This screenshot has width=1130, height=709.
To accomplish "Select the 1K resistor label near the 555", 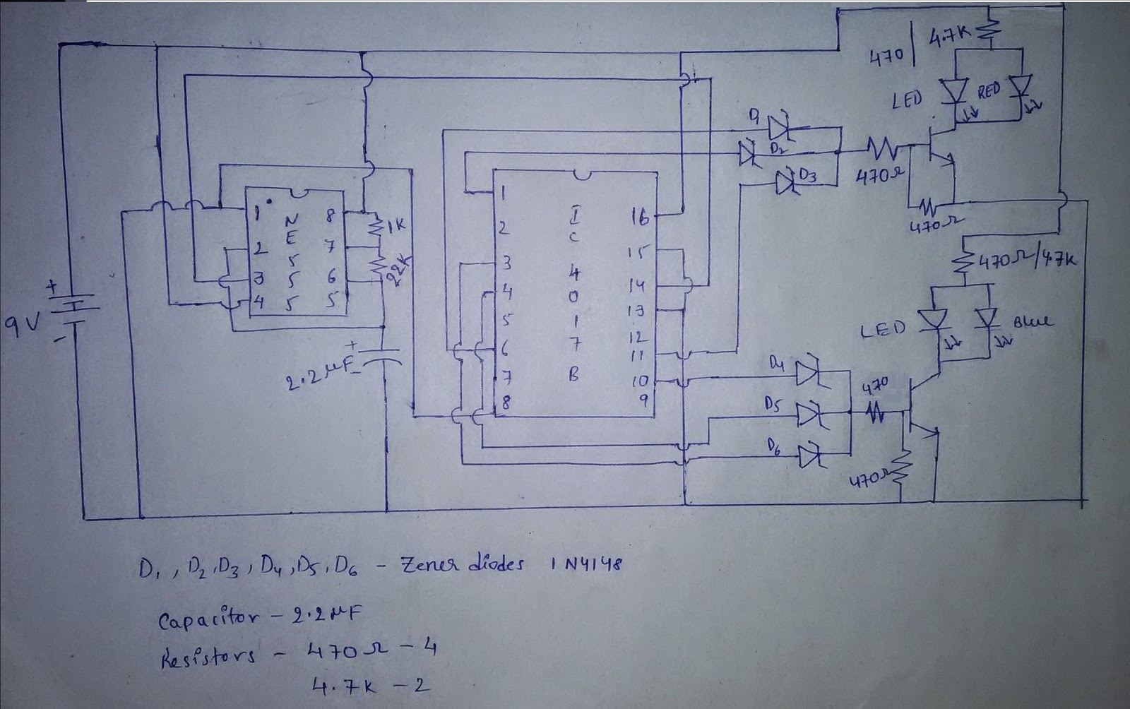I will point(395,227).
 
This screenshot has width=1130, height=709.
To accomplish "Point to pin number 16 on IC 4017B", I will point(638,218).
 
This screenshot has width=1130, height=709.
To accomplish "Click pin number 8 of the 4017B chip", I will point(506,403).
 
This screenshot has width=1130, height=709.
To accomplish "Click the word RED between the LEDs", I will point(989,93).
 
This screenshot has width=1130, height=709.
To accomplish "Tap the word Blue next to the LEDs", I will point(1033,322).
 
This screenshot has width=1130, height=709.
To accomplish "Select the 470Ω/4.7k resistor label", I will point(1027,261).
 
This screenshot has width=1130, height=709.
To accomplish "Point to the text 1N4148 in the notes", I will point(584,564).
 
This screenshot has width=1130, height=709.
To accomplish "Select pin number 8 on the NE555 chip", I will point(329,218).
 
